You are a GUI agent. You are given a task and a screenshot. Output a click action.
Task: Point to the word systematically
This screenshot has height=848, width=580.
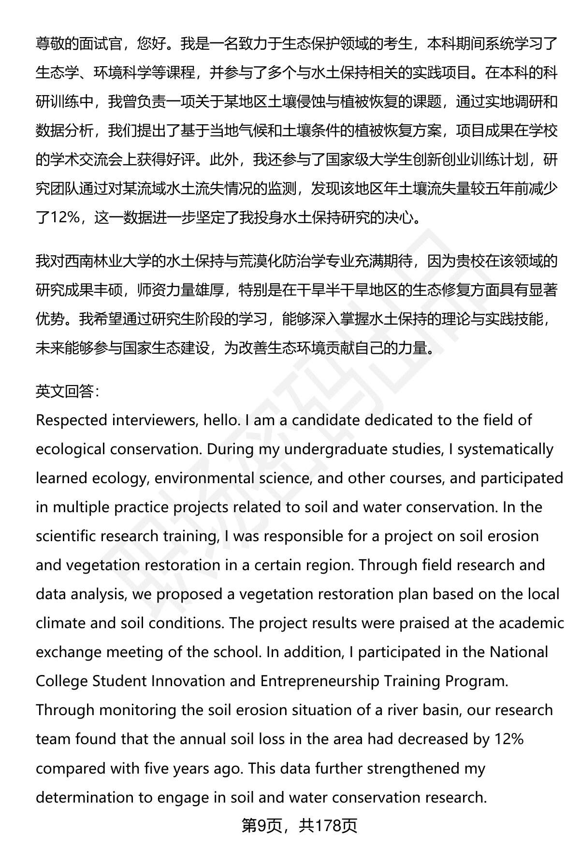coord(505,449)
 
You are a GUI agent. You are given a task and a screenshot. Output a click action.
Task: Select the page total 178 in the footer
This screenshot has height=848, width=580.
coord(328,826)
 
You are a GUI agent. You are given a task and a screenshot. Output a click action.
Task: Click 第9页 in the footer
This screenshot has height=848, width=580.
coord(261,826)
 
